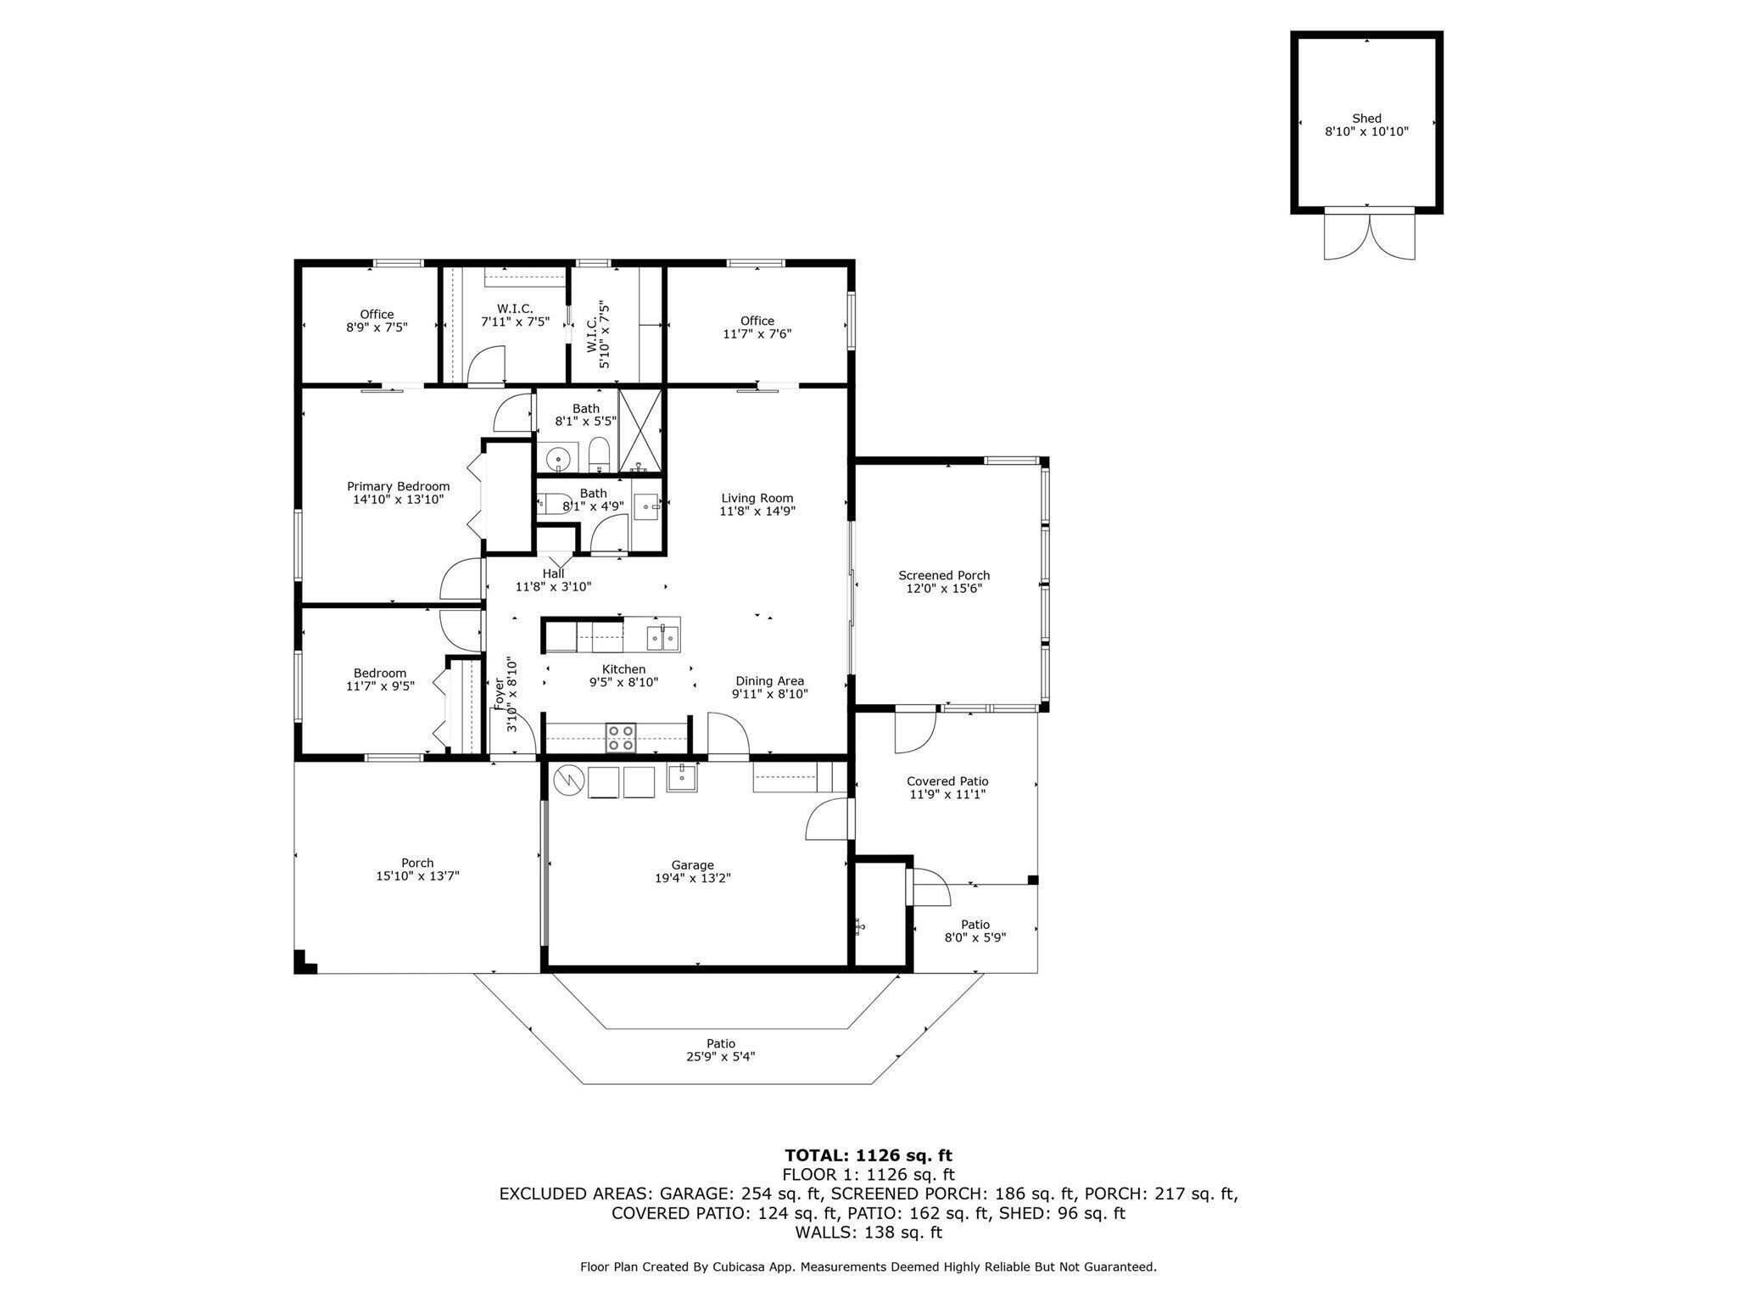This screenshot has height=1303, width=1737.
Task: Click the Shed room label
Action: pos(1366,119)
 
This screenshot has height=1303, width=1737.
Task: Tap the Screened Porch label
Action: pos(944,575)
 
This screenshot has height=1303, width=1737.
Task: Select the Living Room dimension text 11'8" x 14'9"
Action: pos(757,512)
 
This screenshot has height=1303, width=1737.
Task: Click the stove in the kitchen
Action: pos(621,737)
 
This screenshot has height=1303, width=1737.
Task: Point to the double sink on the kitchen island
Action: pos(663,637)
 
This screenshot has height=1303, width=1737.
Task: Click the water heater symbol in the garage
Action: pos(569,781)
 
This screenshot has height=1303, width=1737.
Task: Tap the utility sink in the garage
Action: pos(682,778)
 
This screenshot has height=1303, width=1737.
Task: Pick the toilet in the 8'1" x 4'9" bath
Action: pos(555,504)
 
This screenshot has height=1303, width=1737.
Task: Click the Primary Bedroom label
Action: pos(399,486)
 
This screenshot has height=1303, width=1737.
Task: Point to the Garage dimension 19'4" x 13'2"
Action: pos(693,878)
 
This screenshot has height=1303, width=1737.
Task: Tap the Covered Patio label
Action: pos(947,781)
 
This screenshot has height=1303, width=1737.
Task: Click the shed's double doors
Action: pos(1370,234)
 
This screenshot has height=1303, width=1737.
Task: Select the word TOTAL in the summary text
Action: pos(817,1155)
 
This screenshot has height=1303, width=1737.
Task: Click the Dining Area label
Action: pos(769,680)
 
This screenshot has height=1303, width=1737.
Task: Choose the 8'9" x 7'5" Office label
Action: pos(377,314)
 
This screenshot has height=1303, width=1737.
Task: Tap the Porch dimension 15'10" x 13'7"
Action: pos(417,876)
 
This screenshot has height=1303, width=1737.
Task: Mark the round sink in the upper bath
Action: pos(558,458)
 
